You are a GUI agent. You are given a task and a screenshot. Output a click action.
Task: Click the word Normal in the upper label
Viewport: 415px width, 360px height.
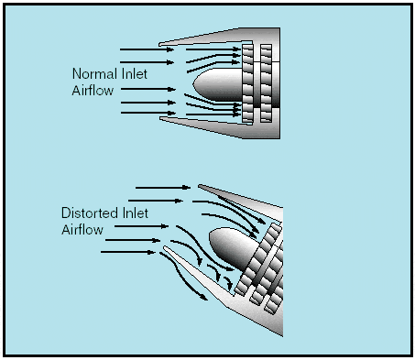tap(95, 73)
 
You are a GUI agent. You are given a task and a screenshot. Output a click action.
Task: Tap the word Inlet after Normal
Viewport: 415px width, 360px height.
tap(134, 73)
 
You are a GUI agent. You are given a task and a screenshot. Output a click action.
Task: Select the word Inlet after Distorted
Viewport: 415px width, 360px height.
tap(136, 213)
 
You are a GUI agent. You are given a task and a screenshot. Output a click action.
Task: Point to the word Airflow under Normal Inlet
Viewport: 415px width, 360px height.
tap(93, 91)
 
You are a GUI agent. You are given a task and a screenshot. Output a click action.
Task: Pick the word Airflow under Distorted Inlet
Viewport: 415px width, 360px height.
tap(82, 229)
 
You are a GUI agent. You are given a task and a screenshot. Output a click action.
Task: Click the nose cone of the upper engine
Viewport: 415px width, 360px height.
tap(217, 84)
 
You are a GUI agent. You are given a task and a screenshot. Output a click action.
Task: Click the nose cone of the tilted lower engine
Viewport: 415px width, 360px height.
tap(232, 247)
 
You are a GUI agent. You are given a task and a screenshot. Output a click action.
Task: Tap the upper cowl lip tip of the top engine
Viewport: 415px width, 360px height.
tap(159, 45)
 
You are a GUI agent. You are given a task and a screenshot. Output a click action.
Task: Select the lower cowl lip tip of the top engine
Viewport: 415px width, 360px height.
tap(160, 118)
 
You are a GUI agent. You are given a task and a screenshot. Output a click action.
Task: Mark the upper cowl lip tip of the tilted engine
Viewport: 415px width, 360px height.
tap(200, 185)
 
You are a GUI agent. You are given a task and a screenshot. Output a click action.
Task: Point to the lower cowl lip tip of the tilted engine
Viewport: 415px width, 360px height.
tap(165, 247)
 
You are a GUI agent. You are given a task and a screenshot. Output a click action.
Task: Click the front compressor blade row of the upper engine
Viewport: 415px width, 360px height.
tap(247, 83)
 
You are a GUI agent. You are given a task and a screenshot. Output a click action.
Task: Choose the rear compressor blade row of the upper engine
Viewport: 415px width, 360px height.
tap(266, 83)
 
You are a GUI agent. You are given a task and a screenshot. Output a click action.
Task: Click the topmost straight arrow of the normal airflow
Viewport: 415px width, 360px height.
tap(147, 49)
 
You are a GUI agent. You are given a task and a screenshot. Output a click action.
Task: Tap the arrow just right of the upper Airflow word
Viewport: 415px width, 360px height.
tap(148, 89)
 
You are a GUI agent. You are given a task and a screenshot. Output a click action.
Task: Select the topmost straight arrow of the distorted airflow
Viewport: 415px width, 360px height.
tap(163, 188)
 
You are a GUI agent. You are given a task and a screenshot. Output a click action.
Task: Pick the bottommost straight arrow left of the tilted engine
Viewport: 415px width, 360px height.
tap(128, 252)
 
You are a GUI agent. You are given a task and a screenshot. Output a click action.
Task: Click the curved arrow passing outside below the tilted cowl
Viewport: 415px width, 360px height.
tap(182, 276)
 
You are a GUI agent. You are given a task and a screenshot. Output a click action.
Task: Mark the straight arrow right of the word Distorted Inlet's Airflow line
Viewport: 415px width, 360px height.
tap(141, 226)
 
